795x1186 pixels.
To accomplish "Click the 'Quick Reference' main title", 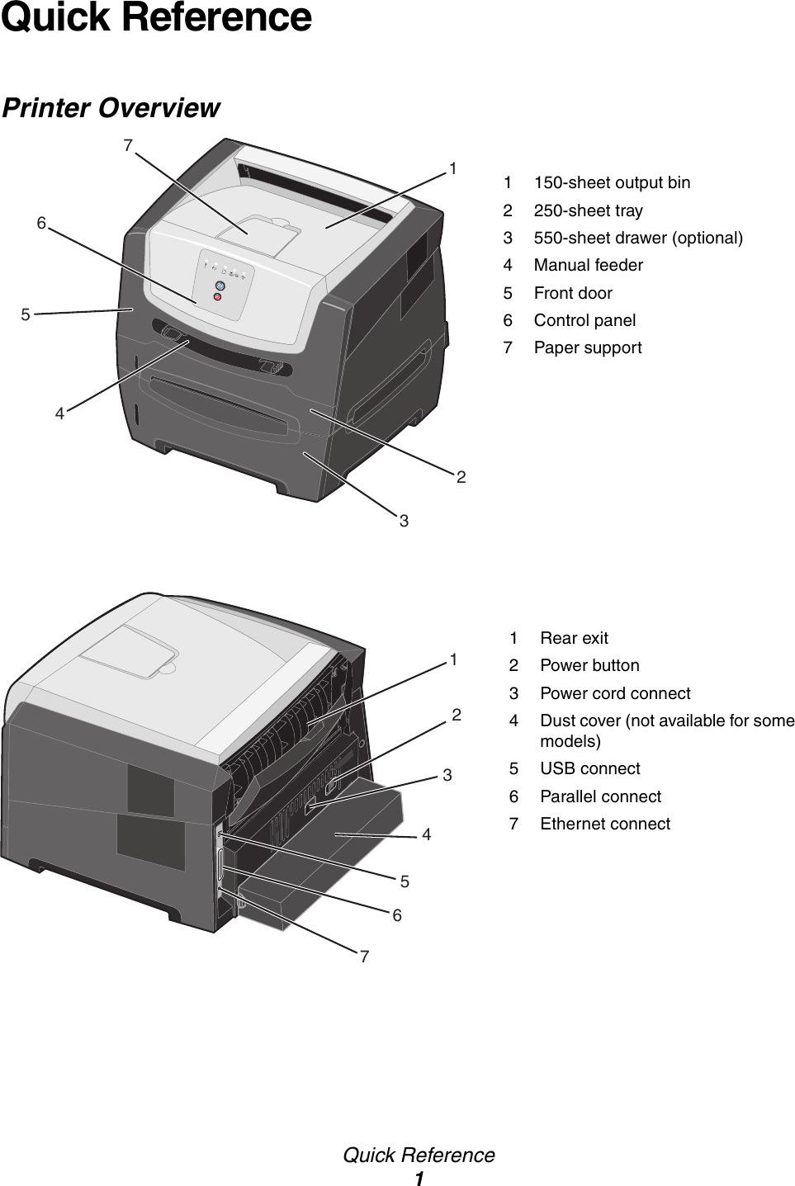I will click(157, 18).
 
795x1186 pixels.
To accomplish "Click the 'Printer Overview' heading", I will click(111, 108).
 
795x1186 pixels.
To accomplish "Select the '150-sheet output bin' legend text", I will click(612, 182).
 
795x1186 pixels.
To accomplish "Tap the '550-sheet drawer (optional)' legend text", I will click(637, 238).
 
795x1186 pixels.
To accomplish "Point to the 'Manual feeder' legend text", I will click(588, 265).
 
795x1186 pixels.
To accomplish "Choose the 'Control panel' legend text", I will click(584, 320).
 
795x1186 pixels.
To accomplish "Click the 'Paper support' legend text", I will click(587, 347).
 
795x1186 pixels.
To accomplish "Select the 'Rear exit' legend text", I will click(574, 638).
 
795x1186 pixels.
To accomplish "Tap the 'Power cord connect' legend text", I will click(615, 693).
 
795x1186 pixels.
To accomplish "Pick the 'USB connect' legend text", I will click(589, 768).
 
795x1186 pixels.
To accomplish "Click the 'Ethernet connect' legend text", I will click(604, 824).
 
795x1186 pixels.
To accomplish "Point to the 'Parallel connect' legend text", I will click(600, 796).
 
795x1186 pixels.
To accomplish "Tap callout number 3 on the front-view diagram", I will click(404, 521).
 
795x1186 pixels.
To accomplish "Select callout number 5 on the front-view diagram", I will click(26, 314).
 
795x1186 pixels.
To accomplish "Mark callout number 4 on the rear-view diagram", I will click(426, 835).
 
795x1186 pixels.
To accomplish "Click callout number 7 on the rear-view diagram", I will click(364, 957).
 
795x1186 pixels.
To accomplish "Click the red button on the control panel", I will click(217, 296).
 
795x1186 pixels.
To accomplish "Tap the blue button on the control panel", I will click(219, 286).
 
